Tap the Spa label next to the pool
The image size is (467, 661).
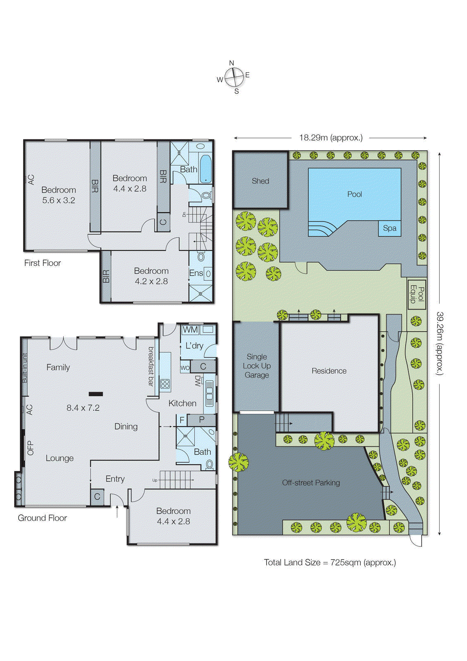click(x=389, y=228)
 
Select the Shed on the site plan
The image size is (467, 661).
click(x=260, y=181)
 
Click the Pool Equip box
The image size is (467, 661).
click(x=417, y=295)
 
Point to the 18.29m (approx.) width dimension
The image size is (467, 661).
click(x=331, y=138)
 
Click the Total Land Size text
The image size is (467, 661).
click(x=330, y=562)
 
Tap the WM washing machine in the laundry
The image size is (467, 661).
click(x=190, y=330)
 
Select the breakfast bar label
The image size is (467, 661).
click(x=151, y=366)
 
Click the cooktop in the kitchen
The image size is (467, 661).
click(x=165, y=383)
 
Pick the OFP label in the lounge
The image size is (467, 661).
click(x=30, y=448)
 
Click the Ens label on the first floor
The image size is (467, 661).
click(x=196, y=273)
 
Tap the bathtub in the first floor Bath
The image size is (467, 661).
click(x=205, y=169)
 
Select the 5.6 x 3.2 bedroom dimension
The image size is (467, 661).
click(x=59, y=200)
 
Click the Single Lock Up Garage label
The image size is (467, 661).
click(x=257, y=366)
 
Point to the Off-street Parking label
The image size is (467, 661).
click(x=311, y=483)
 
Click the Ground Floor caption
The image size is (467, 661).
click(x=42, y=518)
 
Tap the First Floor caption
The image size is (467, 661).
click(x=42, y=263)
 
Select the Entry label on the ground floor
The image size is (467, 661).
click(x=115, y=479)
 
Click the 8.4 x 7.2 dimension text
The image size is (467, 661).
click(x=83, y=408)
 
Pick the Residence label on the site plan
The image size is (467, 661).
click(x=329, y=371)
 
